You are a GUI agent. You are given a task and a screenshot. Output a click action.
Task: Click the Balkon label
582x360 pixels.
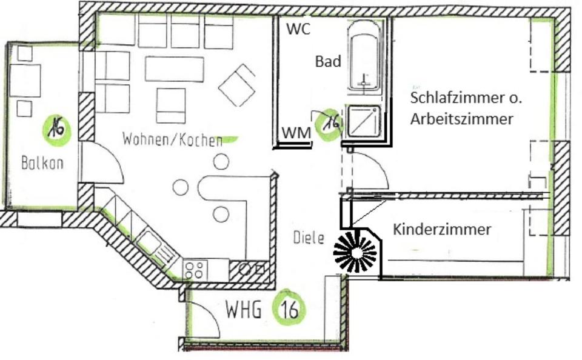[x=42, y=163]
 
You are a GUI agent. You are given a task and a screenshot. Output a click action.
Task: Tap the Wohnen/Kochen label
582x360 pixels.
[x=172, y=140]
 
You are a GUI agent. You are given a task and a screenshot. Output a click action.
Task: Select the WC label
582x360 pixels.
[x=298, y=28]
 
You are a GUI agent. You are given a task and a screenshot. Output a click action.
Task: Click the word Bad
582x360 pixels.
[x=328, y=61]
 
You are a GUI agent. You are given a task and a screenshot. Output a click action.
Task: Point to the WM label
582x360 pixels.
[x=296, y=132]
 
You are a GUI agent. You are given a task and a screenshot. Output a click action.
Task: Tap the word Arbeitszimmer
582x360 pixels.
[x=461, y=119]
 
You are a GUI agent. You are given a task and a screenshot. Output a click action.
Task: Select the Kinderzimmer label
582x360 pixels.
[x=442, y=230]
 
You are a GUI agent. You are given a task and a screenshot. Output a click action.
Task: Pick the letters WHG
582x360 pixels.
[x=243, y=310]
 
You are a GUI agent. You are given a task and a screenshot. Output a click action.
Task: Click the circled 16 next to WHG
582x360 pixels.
[x=289, y=310]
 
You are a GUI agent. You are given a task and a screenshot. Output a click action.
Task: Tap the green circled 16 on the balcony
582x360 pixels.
[x=57, y=128]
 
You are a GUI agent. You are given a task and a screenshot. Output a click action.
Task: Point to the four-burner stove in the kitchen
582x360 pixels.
[x=194, y=270]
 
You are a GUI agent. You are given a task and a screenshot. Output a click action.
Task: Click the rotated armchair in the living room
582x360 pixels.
[x=238, y=85]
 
